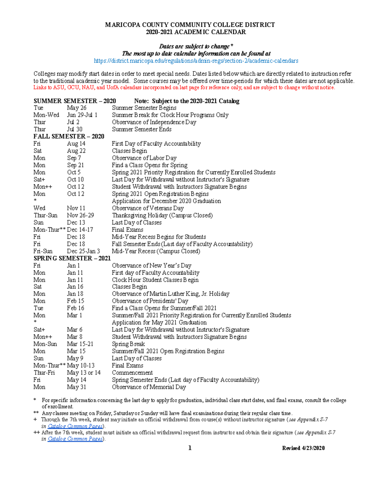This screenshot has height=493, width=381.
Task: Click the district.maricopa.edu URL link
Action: click(196, 61)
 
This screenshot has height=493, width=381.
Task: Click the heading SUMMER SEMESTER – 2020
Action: click(75, 101)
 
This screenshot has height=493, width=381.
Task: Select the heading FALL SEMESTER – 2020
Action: click(69, 137)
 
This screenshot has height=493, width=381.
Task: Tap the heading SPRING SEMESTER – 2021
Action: click(72, 258)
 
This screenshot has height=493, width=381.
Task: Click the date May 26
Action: click(77, 108)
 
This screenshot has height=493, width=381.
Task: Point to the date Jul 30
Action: click(75, 130)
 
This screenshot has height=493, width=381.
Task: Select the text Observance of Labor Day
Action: click(144, 158)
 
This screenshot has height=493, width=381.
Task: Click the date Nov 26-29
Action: click(80, 216)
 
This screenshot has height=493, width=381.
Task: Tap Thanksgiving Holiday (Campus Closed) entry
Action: click(162, 216)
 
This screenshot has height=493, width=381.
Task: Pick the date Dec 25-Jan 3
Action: click(83, 251)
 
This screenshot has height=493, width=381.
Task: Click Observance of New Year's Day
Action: click(151, 266)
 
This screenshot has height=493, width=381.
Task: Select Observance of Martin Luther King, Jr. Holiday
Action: click(170, 294)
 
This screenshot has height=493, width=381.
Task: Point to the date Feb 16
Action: click(76, 308)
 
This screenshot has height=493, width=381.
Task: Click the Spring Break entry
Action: click(128, 344)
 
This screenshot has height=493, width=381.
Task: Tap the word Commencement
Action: click(132, 373)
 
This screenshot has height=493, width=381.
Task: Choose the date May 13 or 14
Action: click(84, 373)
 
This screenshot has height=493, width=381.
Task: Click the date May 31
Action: click(77, 387)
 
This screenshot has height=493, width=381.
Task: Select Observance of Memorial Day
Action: click(149, 387)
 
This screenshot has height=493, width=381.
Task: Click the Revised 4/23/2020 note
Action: click(303, 448)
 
